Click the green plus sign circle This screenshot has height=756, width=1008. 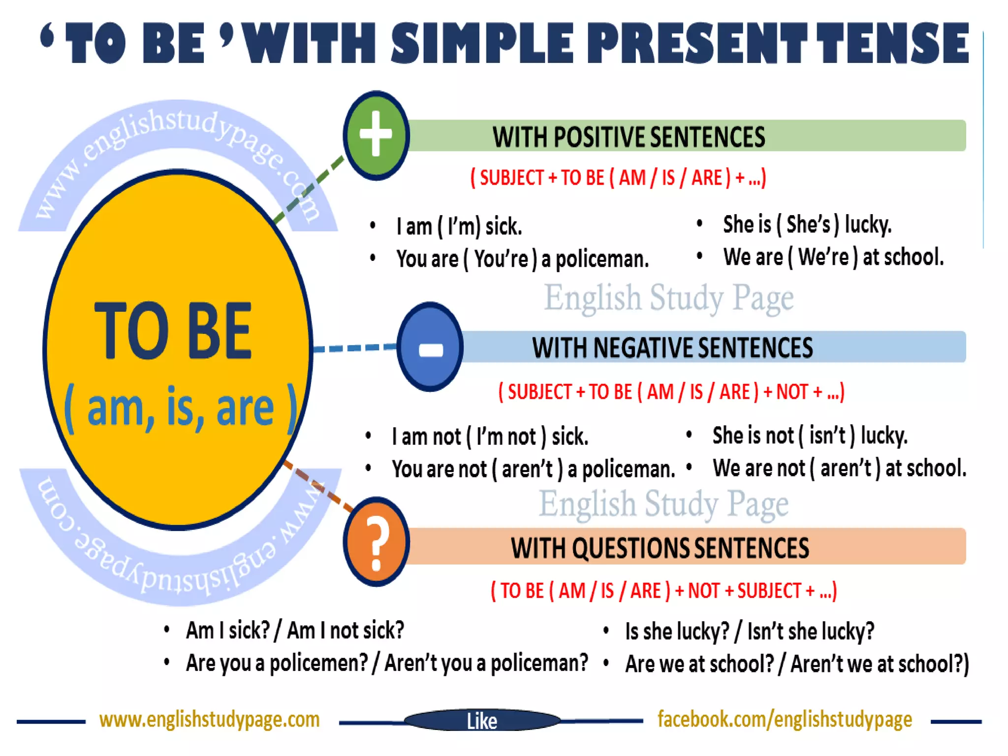[x=377, y=135]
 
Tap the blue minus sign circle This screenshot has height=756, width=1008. [x=430, y=347]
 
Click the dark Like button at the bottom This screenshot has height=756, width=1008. [x=482, y=721]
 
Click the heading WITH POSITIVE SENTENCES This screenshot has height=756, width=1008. [x=629, y=136]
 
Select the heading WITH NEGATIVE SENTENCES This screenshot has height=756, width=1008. [x=672, y=347]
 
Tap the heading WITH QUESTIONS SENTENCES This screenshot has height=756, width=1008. [x=660, y=548]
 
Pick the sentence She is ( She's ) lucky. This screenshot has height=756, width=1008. [x=807, y=224]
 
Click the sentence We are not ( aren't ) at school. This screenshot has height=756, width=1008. [x=839, y=468]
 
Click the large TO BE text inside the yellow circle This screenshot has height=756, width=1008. [x=173, y=331]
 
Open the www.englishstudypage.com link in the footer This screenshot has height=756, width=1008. [x=209, y=720]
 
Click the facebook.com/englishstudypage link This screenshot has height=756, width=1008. [x=785, y=720]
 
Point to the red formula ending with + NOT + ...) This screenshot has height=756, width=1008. [x=671, y=392]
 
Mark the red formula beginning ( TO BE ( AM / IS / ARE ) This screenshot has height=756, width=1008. [x=663, y=591]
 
